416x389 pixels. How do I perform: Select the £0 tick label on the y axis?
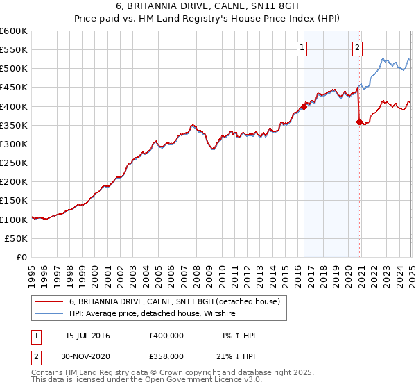click(x=21, y=257)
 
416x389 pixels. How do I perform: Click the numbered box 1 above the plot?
click(x=303, y=48)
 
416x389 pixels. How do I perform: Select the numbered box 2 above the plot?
click(x=357, y=48)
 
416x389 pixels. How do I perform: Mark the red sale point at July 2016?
click(x=304, y=106)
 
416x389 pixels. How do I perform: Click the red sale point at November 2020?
click(x=359, y=122)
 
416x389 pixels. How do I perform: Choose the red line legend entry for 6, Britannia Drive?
click(x=174, y=301)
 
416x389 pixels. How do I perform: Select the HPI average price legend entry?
click(x=153, y=314)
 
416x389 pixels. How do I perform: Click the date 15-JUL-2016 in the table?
click(x=87, y=336)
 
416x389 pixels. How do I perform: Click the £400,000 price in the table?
click(x=166, y=336)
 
